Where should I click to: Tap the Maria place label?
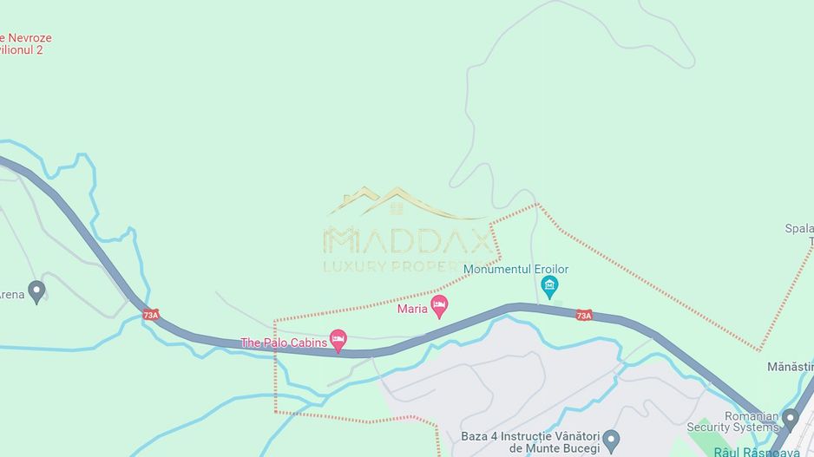412,309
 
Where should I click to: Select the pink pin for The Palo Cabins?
338,339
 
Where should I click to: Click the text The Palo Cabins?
284,343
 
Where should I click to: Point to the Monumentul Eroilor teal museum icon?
548,284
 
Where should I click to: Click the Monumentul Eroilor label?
515,269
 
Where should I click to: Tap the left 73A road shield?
151,315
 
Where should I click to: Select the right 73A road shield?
584,316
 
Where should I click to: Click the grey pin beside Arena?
36,291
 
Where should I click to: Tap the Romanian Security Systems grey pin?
789,420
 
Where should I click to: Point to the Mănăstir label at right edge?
790,367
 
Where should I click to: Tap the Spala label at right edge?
798,229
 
